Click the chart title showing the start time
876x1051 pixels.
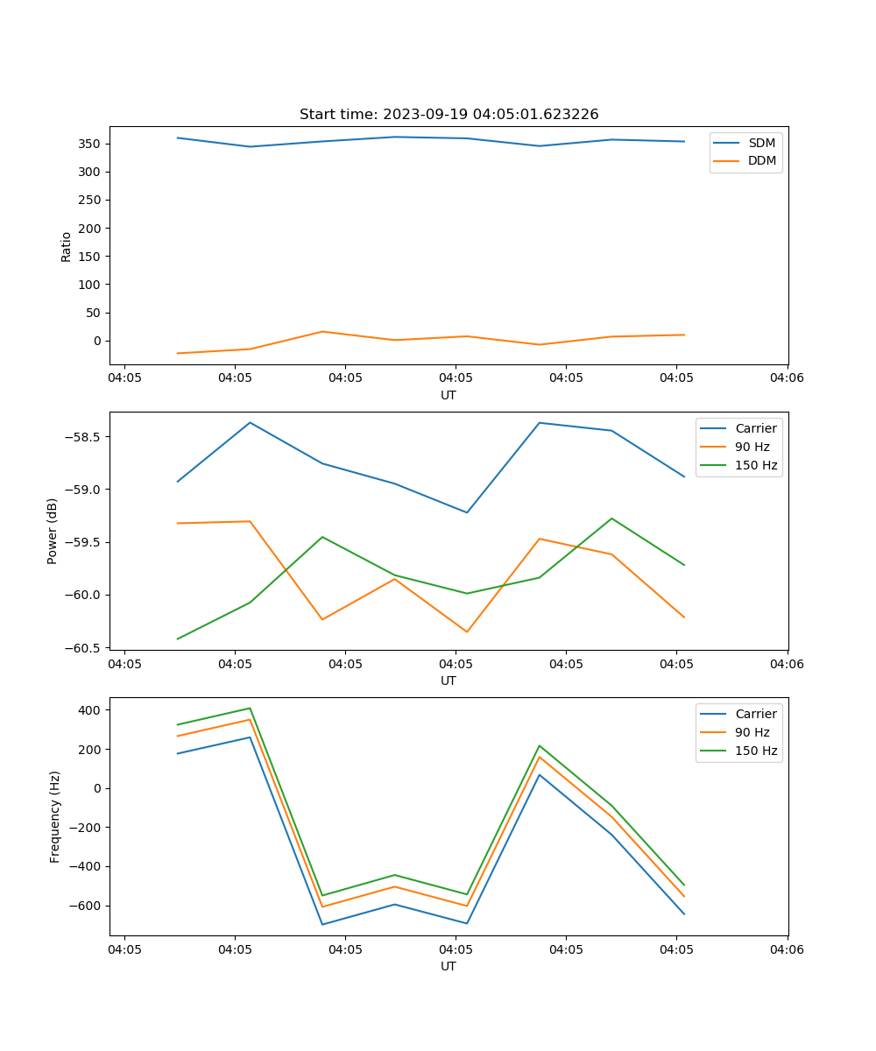[449, 115]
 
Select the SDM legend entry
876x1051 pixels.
[761, 143]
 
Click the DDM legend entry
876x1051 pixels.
[761, 160]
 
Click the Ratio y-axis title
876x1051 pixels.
[67, 247]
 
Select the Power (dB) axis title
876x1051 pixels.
[53, 531]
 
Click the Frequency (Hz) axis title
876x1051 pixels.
[54, 816]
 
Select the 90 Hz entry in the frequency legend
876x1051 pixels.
[752, 732]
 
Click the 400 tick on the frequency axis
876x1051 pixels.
[92, 709]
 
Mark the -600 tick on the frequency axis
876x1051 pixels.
[88, 906]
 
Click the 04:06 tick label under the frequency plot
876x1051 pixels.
[787, 949]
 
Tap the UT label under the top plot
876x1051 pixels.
[449, 395]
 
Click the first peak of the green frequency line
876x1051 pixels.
[250, 708]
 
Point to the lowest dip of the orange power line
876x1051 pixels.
[467, 631]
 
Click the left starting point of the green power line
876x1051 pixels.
[178, 638]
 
